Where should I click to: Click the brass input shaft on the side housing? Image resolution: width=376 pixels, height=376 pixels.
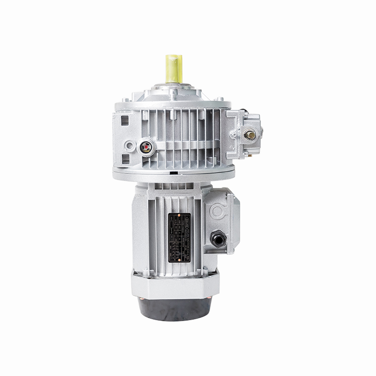[x=251, y=135]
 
